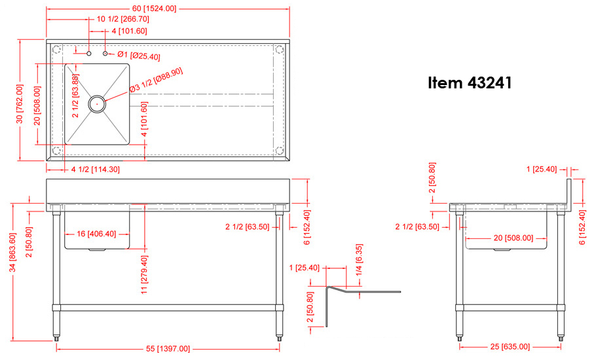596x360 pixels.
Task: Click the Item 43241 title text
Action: click(470, 82)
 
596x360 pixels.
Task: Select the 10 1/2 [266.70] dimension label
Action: click(122, 18)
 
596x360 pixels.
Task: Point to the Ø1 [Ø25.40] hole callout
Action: click(139, 56)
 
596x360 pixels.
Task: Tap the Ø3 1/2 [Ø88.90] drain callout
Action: click(157, 80)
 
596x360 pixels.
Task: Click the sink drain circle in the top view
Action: click(98, 103)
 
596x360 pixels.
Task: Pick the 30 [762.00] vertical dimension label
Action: click(20, 103)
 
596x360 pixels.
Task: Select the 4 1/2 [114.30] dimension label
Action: click(96, 170)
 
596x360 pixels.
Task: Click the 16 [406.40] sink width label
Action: click(96, 234)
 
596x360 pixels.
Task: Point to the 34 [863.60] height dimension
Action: click(13, 253)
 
